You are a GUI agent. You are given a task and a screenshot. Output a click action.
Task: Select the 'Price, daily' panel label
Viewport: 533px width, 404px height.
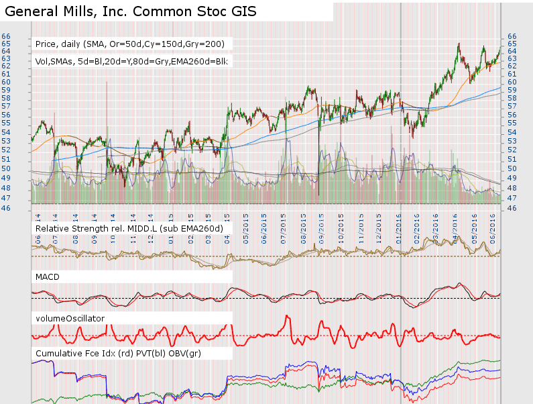click(x=133, y=44)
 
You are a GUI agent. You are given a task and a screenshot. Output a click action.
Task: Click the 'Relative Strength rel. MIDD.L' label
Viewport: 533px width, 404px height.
click(x=129, y=229)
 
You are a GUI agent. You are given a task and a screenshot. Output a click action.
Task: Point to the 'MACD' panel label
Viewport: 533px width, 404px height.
click(x=49, y=276)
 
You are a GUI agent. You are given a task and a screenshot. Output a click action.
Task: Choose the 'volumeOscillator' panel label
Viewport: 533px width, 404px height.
click(x=70, y=318)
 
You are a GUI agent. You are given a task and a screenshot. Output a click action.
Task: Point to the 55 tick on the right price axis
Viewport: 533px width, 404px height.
click(x=512, y=124)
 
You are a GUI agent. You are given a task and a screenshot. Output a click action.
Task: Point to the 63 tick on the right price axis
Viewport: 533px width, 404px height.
click(x=512, y=58)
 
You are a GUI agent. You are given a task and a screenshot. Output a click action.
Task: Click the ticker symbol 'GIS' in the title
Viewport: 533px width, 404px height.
click(x=243, y=12)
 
